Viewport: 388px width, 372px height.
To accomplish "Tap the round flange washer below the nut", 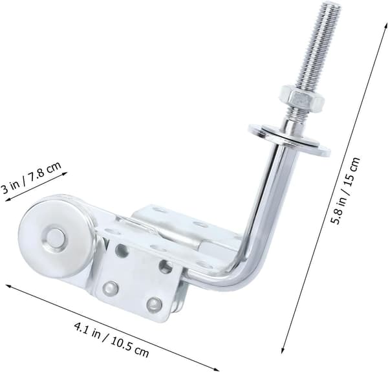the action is tap(290, 140).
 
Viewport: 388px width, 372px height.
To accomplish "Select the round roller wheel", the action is tap(56, 237).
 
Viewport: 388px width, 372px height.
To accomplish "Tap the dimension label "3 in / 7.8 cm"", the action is tap(31, 178).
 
